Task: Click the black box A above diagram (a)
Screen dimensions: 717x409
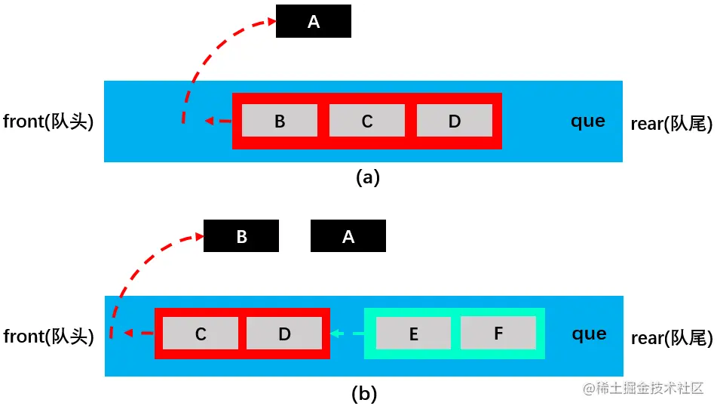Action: click(x=313, y=21)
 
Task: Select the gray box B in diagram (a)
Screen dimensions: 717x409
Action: click(x=280, y=120)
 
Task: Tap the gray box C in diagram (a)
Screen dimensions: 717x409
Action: click(x=366, y=120)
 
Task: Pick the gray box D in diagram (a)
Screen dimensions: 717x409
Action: click(x=455, y=120)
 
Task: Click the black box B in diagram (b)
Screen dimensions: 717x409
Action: click(x=241, y=235)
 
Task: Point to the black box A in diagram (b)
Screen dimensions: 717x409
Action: click(x=348, y=235)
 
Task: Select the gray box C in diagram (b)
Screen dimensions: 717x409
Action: click(x=201, y=334)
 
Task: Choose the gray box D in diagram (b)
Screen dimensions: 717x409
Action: click(x=284, y=334)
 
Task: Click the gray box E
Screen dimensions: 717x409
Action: click(x=413, y=333)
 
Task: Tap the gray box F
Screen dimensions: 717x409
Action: click(x=498, y=333)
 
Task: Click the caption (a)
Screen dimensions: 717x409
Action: click(x=368, y=177)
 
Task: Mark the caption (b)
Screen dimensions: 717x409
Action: click(x=364, y=393)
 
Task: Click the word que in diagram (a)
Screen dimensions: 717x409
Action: click(x=588, y=121)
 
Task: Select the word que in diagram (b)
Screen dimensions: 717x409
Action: click(x=589, y=334)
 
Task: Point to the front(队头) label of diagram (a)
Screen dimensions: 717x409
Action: click(x=48, y=121)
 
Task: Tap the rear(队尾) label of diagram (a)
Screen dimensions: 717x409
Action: click(x=671, y=124)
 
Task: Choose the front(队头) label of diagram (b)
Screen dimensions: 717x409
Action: click(x=48, y=337)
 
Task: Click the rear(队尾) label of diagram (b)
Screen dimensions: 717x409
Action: click(x=672, y=338)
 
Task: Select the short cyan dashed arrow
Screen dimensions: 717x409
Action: click(x=347, y=334)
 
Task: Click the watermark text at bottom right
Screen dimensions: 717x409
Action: click(x=643, y=389)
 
